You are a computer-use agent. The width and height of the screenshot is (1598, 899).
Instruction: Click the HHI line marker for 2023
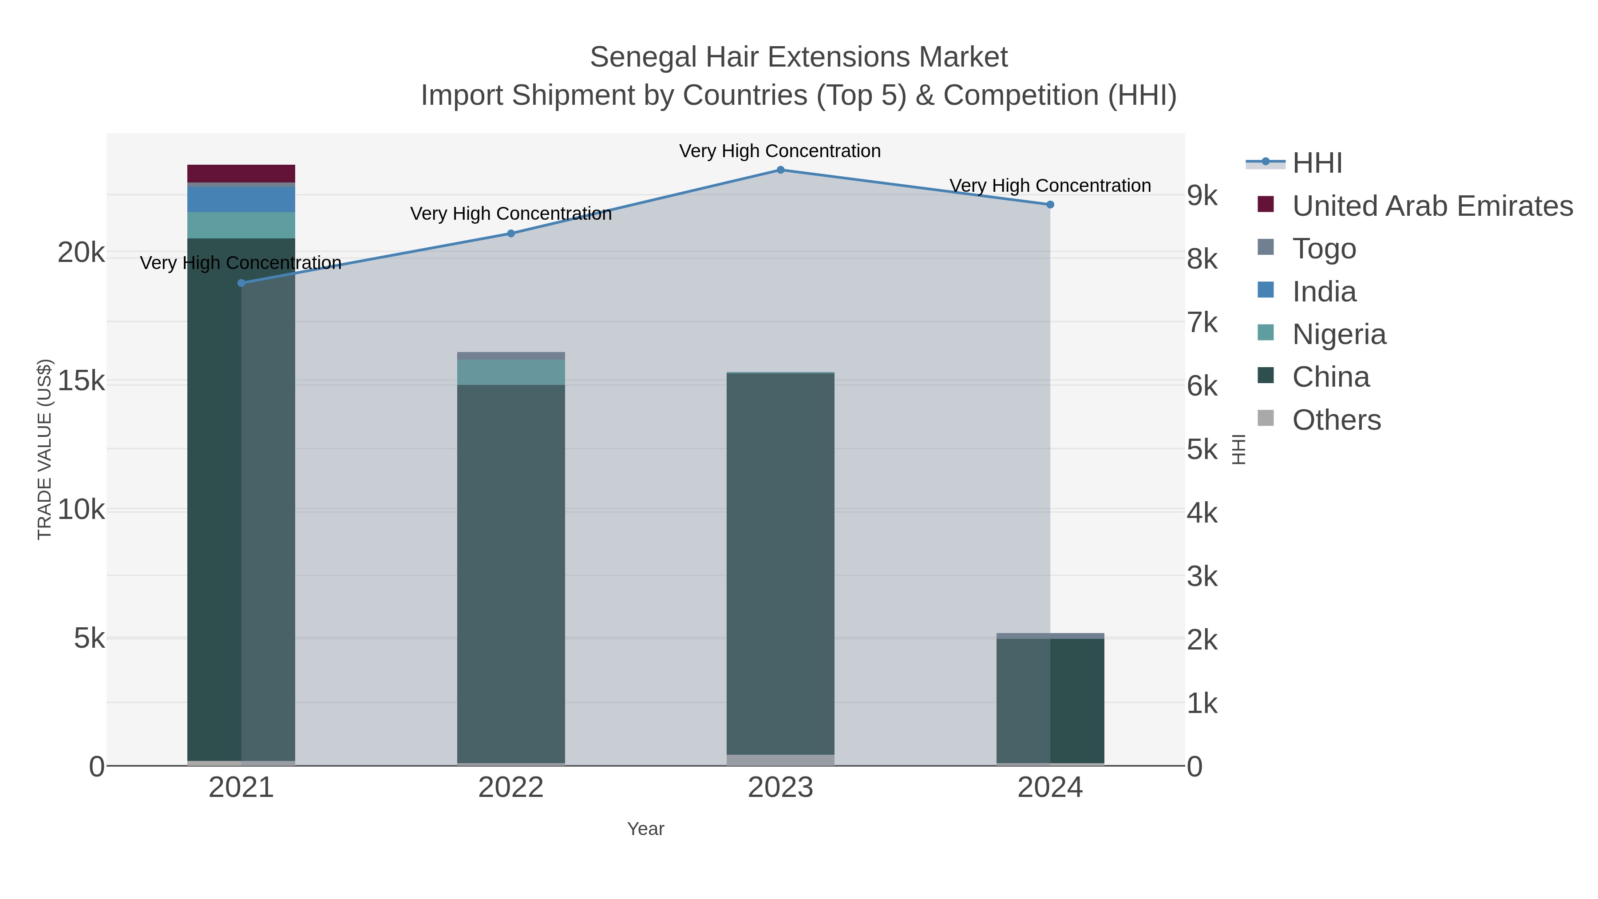click(x=780, y=170)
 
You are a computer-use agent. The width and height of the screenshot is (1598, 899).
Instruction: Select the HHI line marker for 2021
click(x=241, y=283)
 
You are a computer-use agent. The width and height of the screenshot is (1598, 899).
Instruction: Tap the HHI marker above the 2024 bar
click(x=1050, y=205)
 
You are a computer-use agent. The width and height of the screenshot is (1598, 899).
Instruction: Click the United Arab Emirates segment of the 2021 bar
click(x=241, y=174)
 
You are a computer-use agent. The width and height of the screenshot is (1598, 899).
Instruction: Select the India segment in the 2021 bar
click(x=241, y=200)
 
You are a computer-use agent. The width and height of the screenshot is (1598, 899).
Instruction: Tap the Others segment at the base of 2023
click(x=780, y=760)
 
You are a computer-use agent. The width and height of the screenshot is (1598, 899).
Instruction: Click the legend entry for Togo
click(x=1324, y=248)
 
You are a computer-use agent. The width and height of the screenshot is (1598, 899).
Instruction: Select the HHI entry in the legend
click(x=1317, y=163)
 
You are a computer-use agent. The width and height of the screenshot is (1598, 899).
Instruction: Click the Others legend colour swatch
click(x=1266, y=419)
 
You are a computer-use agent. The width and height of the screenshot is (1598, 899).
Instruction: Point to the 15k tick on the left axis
click(x=81, y=381)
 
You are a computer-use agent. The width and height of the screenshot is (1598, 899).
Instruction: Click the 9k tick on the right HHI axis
click(x=1202, y=195)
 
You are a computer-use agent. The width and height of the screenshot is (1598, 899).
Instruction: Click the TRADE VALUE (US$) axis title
click(x=45, y=449)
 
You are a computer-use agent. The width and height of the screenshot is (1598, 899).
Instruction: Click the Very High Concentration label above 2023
click(x=780, y=151)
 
